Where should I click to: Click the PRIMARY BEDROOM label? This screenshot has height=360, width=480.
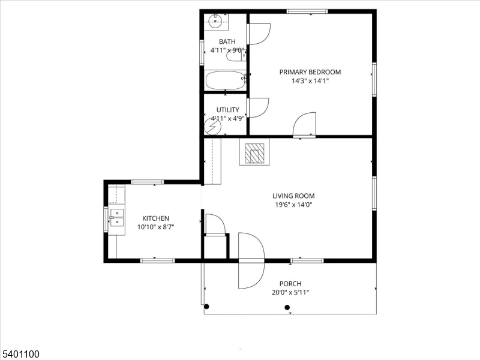point(310,72)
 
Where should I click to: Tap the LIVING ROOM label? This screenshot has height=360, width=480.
point(293,196)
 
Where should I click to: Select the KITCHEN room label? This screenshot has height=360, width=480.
point(155,218)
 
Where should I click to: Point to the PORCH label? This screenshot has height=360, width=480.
point(290,284)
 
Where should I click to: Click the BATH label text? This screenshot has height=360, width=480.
point(227,41)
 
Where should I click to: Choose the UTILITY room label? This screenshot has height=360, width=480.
point(228,110)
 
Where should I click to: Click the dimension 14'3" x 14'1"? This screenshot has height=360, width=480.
point(310,81)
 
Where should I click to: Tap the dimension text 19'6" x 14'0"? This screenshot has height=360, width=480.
point(293,205)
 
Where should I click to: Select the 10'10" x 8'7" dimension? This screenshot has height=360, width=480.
point(155,227)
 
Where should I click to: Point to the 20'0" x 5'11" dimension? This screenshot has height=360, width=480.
point(290,293)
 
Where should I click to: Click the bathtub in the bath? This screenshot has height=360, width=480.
point(224,80)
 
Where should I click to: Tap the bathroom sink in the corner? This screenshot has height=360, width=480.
point(216,23)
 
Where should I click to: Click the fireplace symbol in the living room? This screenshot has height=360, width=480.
point(254,153)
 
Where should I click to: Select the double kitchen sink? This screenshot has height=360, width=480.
point(116,217)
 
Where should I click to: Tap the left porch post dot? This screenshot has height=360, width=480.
point(207,307)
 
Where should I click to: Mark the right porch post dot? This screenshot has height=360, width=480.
point(287,308)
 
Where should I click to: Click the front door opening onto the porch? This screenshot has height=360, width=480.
point(251,261)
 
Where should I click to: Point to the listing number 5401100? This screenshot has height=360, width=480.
point(20,355)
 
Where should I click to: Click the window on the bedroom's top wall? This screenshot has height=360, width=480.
point(307,11)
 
